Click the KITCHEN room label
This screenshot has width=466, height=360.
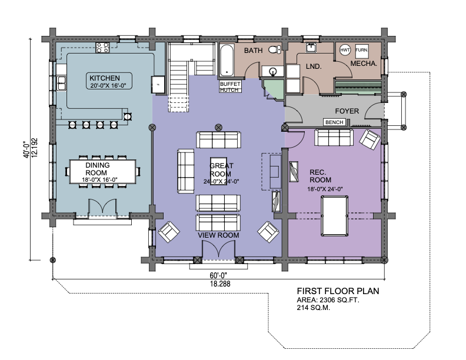pyautogui.click(x=105, y=78)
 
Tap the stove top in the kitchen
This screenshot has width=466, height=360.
pyautogui.click(x=102, y=48)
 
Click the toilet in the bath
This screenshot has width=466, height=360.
pyautogui.click(x=275, y=49)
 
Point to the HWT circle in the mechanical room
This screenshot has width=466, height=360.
pyautogui.click(x=345, y=50)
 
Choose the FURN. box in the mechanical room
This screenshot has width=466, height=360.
pyautogui.click(x=362, y=50)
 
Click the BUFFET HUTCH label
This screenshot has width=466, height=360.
pyautogui.click(x=229, y=86)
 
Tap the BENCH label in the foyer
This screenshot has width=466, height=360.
pyautogui.click(x=334, y=122)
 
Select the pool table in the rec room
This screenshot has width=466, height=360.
pyautogui.click(x=334, y=216)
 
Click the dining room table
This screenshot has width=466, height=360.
pyautogui.click(x=102, y=172)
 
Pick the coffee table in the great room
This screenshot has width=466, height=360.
pyautogui.click(x=218, y=171)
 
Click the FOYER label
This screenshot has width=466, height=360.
pyautogui.click(x=347, y=111)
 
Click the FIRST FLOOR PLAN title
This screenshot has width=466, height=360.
pyautogui.click(x=338, y=291)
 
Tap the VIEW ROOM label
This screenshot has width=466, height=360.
pyautogui.click(x=218, y=235)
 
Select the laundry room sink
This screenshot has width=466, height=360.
pyautogui.click(x=311, y=48)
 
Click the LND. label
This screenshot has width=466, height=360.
pyautogui.click(x=314, y=66)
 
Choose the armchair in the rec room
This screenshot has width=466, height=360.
pyautogui.click(x=370, y=139)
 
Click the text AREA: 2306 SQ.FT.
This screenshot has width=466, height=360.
pyautogui.click(x=328, y=300)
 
